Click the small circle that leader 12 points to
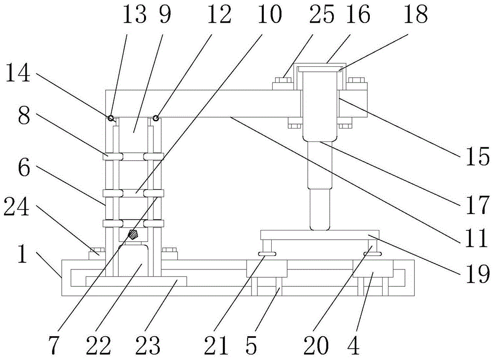155,118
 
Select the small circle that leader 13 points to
111,118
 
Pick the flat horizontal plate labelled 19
319,234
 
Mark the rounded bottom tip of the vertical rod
319,228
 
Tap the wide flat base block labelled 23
136,281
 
